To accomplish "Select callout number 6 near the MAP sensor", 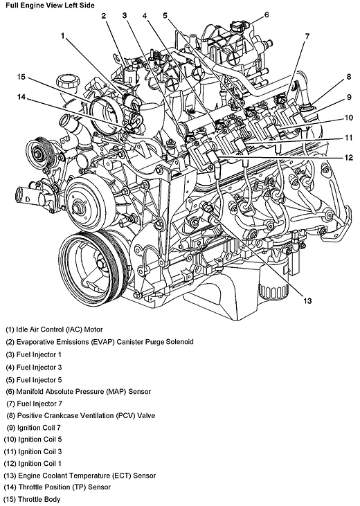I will click(x=267, y=15).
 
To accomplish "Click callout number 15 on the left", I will click(x=21, y=77).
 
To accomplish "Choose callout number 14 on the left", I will click(x=21, y=98).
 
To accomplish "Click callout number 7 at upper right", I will click(x=306, y=35).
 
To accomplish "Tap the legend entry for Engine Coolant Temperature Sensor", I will click(x=80, y=476).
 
